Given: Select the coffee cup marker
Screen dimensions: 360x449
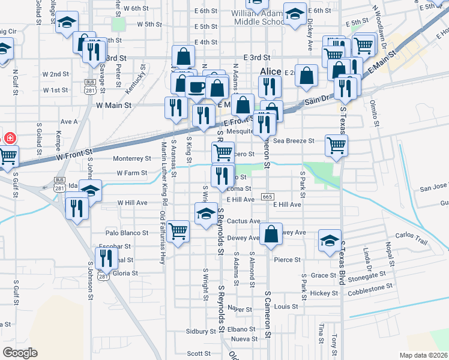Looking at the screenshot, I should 196,87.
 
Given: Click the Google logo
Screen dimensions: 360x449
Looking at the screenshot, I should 20,352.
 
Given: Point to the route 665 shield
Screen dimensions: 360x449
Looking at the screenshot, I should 268,197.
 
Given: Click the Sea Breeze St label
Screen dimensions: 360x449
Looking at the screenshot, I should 294,141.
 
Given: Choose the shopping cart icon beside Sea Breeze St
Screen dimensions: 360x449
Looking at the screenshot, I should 336,144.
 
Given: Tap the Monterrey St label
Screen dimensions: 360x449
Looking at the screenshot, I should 133,159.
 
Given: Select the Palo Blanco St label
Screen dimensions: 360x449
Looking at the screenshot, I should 127,233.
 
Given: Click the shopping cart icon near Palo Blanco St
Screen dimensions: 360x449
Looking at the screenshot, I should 178,230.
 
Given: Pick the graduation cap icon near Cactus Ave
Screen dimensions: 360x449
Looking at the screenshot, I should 205,213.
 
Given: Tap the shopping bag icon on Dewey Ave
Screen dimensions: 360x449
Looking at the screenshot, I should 271,233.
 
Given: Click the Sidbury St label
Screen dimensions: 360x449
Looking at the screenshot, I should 200,331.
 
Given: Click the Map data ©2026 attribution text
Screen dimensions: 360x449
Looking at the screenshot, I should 423,355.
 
